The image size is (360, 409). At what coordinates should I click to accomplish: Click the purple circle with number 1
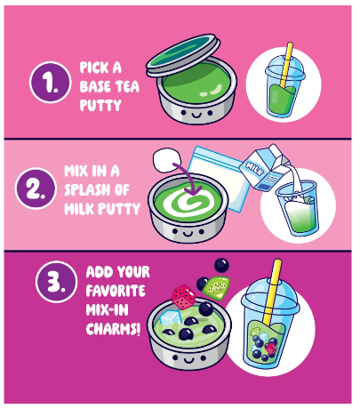pyautogui.click(x=51, y=82)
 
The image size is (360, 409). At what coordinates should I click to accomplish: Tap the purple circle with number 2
pyautogui.click(x=36, y=188)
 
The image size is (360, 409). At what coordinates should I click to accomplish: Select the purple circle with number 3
pyautogui.click(x=56, y=281)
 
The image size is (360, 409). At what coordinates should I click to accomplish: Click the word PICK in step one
pyautogui.click(x=92, y=68)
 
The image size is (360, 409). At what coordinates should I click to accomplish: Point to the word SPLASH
pyautogui.click(x=88, y=190)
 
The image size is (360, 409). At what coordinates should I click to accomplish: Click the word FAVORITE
pyautogui.click(x=116, y=291)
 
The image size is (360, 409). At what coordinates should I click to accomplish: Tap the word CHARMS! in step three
pyautogui.click(x=113, y=329)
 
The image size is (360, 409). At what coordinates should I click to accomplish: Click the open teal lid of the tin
pyautogui.click(x=183, y=55)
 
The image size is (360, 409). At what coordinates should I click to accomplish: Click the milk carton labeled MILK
pyautogui.click(x=264, y=167)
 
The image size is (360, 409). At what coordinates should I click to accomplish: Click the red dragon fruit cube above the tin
pyautogui.click(x=184, y=297)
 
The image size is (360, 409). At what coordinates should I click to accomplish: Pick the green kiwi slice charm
pyautogui.click(x=216, y=287)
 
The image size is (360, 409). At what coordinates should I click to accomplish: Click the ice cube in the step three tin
pyautogui.click(x=171, y=318)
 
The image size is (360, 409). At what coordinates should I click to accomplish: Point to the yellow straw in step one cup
pyautogui.click(x=286, y=65)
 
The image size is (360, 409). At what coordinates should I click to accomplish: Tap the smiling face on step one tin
pyautogui.click(x=196, y=114)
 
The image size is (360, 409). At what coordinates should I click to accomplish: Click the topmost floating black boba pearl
pyautogui.click(x=221, y=265)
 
